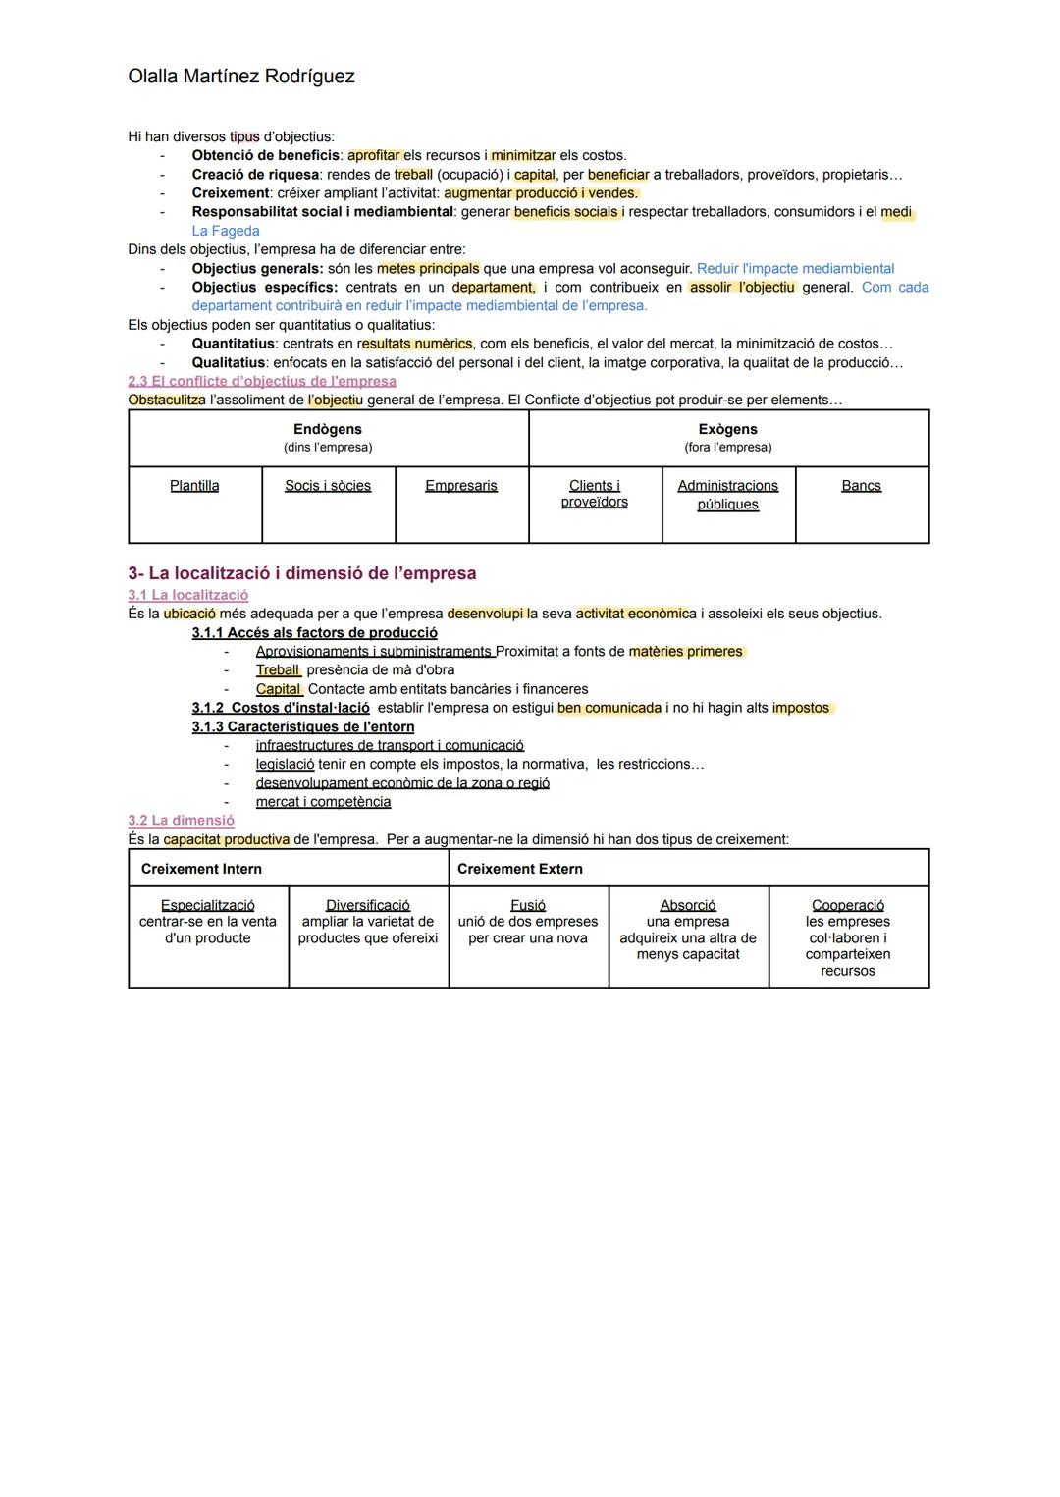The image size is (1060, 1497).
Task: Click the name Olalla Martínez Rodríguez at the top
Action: click(241, 77)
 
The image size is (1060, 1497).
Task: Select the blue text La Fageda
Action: click(226, 231)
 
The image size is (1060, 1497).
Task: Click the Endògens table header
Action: click(328, 430)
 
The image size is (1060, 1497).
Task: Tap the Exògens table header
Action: click(727, 430)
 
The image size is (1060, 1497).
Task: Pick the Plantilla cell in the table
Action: click(194, 486)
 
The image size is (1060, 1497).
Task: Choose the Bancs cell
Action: click(861, 486)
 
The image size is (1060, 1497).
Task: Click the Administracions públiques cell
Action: click(727, 495)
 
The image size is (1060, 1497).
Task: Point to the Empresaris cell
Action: click(461, 486)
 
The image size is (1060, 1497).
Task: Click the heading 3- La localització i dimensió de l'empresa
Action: click(302, 573)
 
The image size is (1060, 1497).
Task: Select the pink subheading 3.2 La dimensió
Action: click(182, 821)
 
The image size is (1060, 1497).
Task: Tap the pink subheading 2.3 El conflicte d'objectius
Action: click(262, 381)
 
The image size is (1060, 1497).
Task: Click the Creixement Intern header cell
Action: click(201, 869)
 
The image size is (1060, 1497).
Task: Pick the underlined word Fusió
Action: click(528, 905)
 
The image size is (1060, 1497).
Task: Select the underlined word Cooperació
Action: click(848, 905)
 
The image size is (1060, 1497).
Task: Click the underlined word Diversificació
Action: click(368, 905)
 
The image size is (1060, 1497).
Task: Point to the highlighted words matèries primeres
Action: click(685, 652)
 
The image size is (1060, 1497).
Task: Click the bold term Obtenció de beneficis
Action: click(265, 155)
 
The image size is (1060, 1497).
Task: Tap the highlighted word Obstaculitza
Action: click(167, 400)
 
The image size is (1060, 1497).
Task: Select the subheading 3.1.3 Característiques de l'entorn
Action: click(303, 727)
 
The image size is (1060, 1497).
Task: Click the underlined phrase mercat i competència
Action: click(323, 802)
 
